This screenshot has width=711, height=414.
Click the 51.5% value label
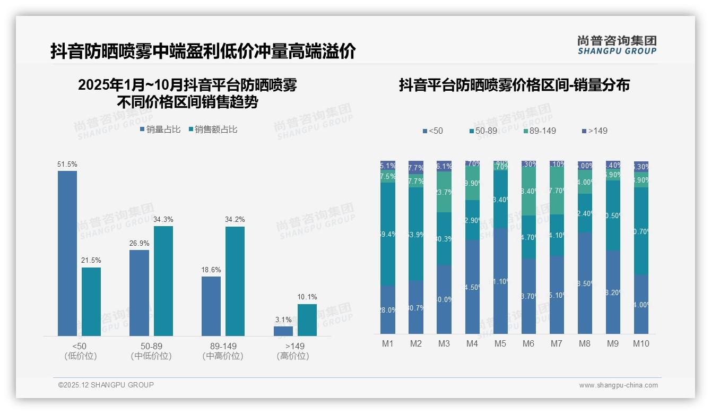[x=67, y=165]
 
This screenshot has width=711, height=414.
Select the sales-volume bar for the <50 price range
[x=67, y=253]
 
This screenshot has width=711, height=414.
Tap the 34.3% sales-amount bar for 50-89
[x=163, y=281]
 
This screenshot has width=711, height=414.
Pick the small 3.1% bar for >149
[x=283, y=331]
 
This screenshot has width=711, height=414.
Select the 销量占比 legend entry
[x=160, y=130]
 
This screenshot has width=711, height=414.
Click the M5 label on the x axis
[x=500, y=343]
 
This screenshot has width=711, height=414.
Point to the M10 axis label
[x=641, y=343]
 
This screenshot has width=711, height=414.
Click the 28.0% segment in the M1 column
[x=388, y=309]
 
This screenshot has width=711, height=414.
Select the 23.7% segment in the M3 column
[x=444, y=192]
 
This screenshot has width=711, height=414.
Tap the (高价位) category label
[x=293, y=356]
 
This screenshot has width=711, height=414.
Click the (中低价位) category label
[x=151, y=356]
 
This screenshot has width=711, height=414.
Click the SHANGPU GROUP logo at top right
[x=617, y=45]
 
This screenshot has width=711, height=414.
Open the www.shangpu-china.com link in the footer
[x=618, y=385]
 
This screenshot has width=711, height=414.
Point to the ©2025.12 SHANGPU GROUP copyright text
[x=106, y=385]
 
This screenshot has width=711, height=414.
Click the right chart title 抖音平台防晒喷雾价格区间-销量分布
[x=514, y=85]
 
